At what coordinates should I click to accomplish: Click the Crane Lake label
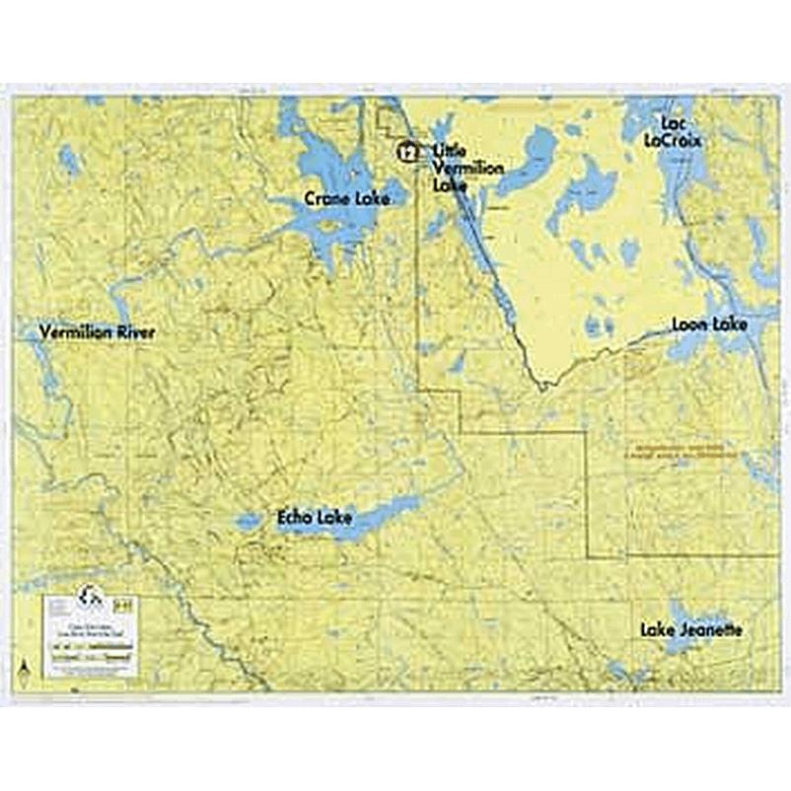(x=346, y=199)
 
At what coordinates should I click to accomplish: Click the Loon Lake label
(x=709, y=324)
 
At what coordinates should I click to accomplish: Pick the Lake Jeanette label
(x=690, y=629)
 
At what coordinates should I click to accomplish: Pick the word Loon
(x=691, y=324)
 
